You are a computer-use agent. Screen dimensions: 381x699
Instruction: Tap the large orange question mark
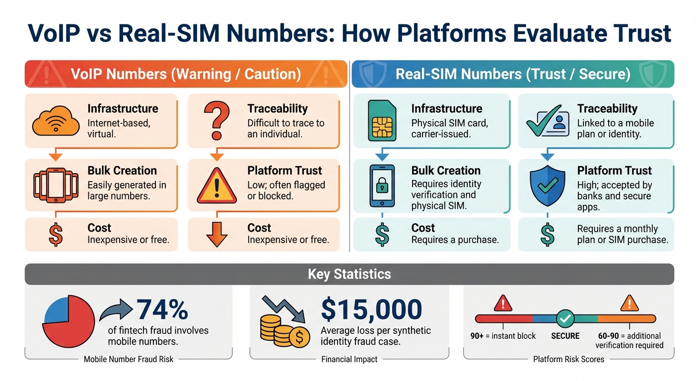pyautogui.click(x=217, y=121)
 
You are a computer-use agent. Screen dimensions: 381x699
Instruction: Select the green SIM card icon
pyautogui.click(x=381, y=121)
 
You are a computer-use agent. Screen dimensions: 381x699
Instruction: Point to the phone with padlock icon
pyautogui.click(x=382, y=186)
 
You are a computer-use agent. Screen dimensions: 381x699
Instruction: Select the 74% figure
pyautogui.click(x=162, y=310)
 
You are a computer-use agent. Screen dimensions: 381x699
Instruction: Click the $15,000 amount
pyautogui.click(x=372, y=310)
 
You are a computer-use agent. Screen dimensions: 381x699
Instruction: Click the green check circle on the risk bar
pyautogui.click(x=564, y=319)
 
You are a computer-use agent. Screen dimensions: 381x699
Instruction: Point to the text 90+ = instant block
pyautogui.click(x=503, y=336)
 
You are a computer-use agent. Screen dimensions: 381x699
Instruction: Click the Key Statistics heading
pyautogui.click(x=349, y=274)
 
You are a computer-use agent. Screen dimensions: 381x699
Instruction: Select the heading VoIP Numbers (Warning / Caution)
pyautogui.click(x=186, y=74)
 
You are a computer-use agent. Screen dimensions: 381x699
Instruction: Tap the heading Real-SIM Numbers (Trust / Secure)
pyautogui.click(x=513, y=74)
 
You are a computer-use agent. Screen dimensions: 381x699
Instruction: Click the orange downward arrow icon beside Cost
pyautogui.click(x=216, y=235)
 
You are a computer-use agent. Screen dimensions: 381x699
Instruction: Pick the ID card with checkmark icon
pyautogui.click(x=548, y=122)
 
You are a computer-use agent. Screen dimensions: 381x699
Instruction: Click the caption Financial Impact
pyautogui.click(x=349, y=359)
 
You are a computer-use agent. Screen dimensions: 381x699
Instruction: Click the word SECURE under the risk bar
pyautogui.click(x=565, y=336)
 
